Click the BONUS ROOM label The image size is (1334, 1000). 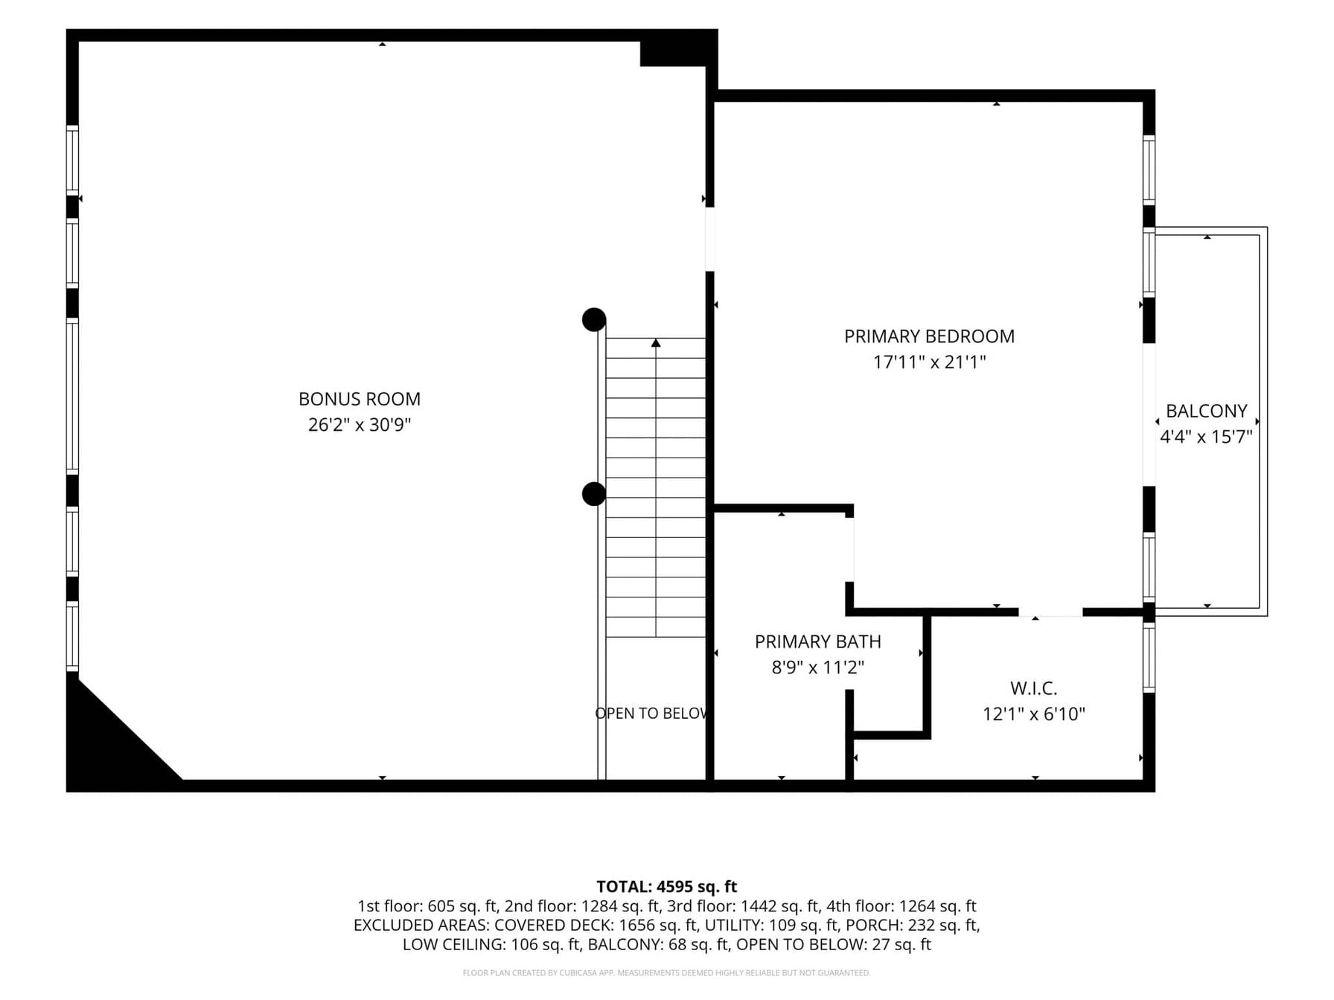(x=360, y=399)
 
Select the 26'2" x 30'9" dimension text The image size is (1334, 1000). (x=360, y=425)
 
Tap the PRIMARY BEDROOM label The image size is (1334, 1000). (x=929, y=336)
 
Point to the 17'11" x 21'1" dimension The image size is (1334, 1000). (x=929, y=362)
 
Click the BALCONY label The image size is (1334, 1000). (x=1206, y=411)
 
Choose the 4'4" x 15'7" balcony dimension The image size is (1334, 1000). (x=1206, y=437)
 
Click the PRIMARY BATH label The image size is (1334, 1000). (x=817, y=641)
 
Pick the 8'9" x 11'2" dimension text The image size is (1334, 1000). (x=817, y=667)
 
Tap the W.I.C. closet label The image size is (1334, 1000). (x=1033, y=688)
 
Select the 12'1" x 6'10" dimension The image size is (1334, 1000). (x=1033, y=714)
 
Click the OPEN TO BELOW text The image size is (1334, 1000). (x=651, y=714)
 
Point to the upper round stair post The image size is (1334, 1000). (x=594, y=320)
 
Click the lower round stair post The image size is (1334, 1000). (x=594, y=494)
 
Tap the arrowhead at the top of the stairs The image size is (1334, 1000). (x=656, y=343)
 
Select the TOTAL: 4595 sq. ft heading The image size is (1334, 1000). (x=666, y=887)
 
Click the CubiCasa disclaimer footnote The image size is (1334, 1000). (x=666, y=972)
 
